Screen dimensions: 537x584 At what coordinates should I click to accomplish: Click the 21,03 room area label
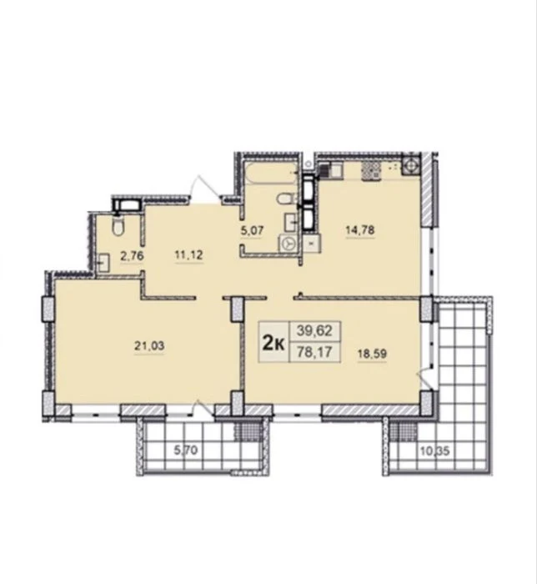point(149,346)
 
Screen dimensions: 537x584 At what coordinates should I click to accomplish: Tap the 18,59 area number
point(372,354)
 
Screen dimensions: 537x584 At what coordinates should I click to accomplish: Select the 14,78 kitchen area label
point(360,229)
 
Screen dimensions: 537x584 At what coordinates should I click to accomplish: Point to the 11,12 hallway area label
point(188,255)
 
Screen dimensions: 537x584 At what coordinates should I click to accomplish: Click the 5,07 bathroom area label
point(252,230)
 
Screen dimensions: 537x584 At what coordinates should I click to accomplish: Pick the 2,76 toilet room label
point(132,256)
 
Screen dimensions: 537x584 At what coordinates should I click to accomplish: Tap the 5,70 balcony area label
point(186,451)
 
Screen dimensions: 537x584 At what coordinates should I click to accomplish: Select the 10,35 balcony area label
point(434,451)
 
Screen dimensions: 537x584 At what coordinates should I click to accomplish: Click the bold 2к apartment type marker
point(274,343)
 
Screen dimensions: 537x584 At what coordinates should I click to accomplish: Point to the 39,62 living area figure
point(314,330)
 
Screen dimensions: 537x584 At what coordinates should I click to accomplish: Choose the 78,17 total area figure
point(314,351)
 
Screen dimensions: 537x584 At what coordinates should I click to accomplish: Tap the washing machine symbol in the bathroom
point(289,244)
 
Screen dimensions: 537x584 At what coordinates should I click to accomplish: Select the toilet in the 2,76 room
point(118,226)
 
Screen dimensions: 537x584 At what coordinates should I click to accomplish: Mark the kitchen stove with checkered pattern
point(371,171)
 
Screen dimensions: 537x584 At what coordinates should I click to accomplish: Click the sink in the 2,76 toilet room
point(104,262)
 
